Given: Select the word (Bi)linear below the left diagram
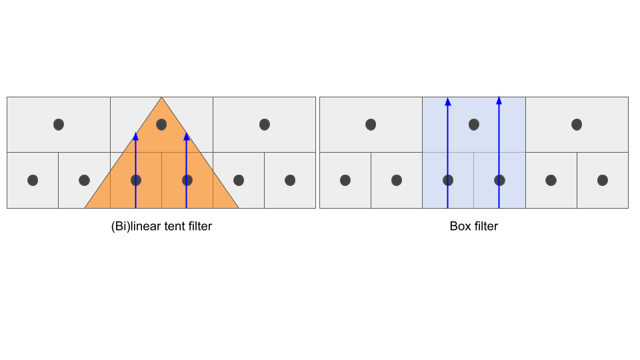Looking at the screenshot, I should (x=134, y=227).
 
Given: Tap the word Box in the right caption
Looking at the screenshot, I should (x=460, y=227).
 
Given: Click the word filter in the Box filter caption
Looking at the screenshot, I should (x=485, y=227).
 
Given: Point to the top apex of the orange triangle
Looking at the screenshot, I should (x=161, y=98).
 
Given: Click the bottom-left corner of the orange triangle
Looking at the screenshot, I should (x=85, y=207).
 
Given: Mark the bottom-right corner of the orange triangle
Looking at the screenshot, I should (x=238, y=207).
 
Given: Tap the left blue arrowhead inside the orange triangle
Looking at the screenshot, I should (x=135, y=136).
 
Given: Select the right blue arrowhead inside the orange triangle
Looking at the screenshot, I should (x=187, y=136).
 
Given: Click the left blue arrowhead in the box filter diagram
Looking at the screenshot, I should (x=448, y=101).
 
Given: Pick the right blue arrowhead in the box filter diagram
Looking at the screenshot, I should (x=499, y=101).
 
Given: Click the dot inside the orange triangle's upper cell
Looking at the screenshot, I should (x=161, y=124).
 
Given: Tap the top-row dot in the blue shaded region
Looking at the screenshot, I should (x=474, y=124).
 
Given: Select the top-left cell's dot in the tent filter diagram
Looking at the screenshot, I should (x=59, y=124).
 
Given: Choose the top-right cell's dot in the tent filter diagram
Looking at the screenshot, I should (x=265, y=124).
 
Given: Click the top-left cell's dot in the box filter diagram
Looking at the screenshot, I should (x=371, y=124).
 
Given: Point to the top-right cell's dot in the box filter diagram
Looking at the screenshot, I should (x=577, y=124).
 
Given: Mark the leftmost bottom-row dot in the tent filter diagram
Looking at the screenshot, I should (x=33, y=180).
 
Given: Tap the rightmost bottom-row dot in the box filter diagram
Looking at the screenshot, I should (x=603, y=180).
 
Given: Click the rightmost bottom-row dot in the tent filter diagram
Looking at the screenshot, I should (x=290, y=180).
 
